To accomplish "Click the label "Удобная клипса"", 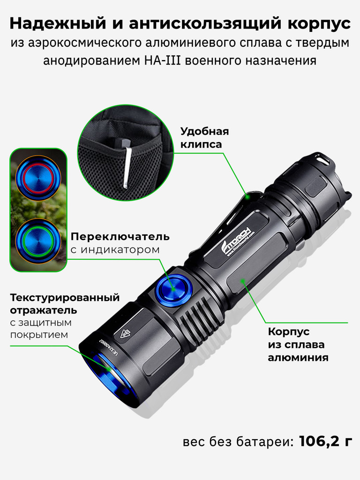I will coord(204,138).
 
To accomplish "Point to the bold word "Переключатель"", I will coord(120,236).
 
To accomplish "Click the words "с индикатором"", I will coord(115,250).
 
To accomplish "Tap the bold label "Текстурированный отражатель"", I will coord(65,304).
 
